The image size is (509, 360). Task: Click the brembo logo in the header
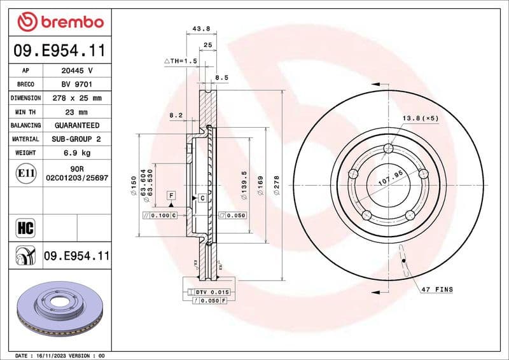(60, 22)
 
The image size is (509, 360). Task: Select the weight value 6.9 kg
(77, 153)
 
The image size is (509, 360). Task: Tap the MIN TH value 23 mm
(77, 111)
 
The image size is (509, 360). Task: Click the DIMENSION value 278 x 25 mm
(77, 98)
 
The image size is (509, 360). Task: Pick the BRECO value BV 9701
(77, 84)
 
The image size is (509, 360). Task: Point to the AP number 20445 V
(77, 70)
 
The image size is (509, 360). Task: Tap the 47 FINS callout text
(436, 289)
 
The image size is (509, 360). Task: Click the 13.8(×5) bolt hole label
(420, 119)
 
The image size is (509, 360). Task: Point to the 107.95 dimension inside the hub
(391, 177)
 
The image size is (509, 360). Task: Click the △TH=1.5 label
(182, 61)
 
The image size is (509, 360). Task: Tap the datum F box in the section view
(171, 193)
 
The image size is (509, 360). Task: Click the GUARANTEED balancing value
(77, 125)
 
